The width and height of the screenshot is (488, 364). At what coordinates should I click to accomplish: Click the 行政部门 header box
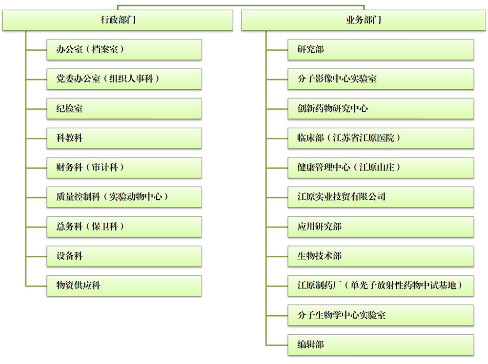118,20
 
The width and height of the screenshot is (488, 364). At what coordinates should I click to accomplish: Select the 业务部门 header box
364,20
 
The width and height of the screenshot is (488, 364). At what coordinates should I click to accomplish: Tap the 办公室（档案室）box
124,49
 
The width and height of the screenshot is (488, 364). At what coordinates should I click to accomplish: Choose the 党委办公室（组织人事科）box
124,79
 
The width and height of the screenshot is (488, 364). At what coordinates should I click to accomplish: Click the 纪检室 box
124,109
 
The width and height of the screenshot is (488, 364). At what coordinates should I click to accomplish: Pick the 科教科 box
124,138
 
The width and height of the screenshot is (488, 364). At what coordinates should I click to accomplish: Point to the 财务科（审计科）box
124,168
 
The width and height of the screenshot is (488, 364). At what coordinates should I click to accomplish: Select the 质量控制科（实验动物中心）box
124,197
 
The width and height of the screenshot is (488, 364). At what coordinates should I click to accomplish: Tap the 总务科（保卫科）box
124,227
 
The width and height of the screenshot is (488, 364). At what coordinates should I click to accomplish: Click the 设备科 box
124,256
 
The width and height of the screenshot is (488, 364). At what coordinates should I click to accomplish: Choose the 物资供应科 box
124,286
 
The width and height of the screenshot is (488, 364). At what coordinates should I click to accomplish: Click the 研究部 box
381,49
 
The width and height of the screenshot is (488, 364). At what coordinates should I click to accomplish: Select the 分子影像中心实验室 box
381,79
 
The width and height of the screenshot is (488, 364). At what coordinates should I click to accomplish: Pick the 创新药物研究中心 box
381,109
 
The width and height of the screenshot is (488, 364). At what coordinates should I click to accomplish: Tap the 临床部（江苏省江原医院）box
381,138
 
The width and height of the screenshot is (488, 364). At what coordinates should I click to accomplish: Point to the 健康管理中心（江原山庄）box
381,168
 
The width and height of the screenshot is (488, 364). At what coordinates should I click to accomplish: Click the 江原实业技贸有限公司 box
381,197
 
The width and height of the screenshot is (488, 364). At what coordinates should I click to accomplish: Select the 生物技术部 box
381,256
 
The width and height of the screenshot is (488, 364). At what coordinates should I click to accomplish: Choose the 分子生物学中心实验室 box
381,315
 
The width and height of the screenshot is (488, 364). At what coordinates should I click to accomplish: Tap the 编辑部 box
381,345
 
